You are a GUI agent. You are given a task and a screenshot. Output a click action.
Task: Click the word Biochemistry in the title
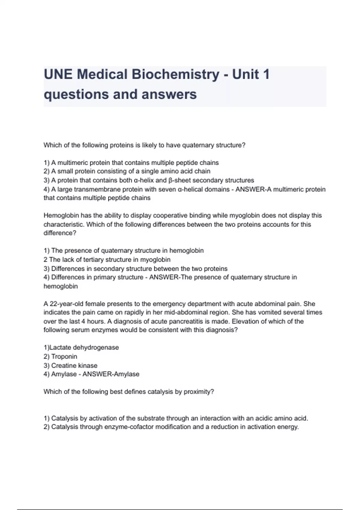point(175,74)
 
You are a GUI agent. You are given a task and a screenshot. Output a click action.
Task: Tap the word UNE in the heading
point(58,74)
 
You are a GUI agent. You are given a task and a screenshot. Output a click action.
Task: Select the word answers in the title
point(169,94)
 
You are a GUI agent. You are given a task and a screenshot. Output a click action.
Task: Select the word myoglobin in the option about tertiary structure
point(155,259)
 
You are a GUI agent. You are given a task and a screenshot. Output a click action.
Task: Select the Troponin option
point(64,356)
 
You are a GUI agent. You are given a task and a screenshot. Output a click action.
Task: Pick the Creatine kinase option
point(74,365)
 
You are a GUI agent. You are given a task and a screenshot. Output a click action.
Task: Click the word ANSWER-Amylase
point(111,374)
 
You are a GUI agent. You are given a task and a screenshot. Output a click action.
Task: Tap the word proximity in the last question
point(199,392)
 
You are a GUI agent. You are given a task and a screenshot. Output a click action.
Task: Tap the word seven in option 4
point(166,189)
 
